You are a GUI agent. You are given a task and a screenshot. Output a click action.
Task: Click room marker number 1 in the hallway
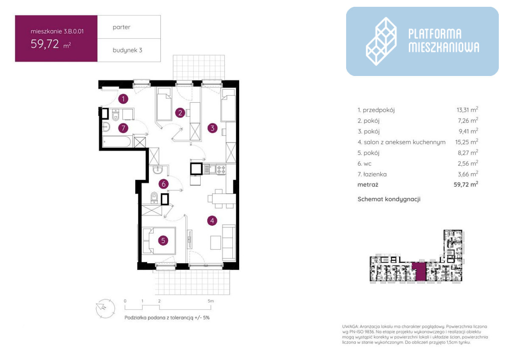click(123, 99)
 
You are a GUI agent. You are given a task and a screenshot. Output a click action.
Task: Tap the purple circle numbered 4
click(212, 220)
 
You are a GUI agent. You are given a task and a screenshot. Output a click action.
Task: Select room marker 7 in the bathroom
click(123, 128)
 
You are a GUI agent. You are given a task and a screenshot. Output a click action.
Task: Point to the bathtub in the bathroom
click(117, 142)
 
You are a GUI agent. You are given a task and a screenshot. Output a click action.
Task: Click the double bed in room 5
click(159, 241)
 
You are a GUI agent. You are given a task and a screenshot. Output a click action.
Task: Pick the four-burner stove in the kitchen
click(221, 169)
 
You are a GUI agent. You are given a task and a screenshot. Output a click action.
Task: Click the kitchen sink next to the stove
click(210, 169)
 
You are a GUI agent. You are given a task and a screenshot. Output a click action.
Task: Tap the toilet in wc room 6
click(154, 198)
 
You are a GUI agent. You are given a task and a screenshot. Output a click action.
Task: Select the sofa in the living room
click(229, 242)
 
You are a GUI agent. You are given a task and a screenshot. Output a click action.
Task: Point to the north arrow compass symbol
click(105, 308)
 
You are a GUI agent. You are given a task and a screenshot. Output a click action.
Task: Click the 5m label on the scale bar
click(211, 301)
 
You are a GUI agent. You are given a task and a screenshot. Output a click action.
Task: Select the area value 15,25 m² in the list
click(467, 142)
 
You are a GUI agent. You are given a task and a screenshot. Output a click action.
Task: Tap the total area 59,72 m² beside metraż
click(466, 184)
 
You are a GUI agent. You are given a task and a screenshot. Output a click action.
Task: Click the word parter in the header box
click(122, 27)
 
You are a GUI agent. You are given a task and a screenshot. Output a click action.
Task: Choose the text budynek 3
click(128, 50)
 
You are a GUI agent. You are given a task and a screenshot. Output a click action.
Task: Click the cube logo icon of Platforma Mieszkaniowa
click(381, 41)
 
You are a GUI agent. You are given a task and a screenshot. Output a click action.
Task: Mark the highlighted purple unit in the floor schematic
click(419, 271)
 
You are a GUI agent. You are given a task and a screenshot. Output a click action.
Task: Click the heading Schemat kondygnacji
click(389, 199)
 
